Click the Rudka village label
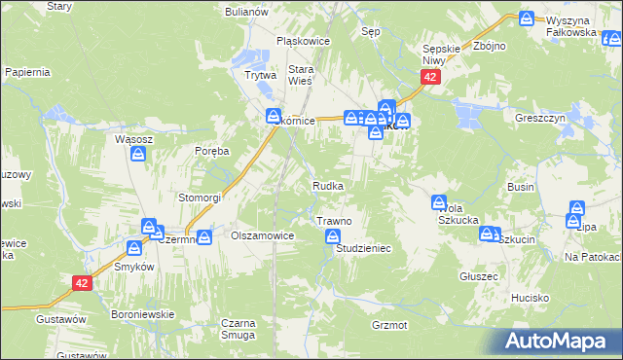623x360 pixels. pos(327,185)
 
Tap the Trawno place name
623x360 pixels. pos(334,222)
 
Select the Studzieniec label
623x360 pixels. pos(363,249)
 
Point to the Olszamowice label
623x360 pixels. pos(262,236)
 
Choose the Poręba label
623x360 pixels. pos(211,151)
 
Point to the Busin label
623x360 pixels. pos(521,185)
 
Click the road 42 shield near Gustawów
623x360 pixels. pos(82,282)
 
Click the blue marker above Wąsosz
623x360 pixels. pos(140,155)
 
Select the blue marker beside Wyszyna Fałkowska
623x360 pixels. pos(527,18)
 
